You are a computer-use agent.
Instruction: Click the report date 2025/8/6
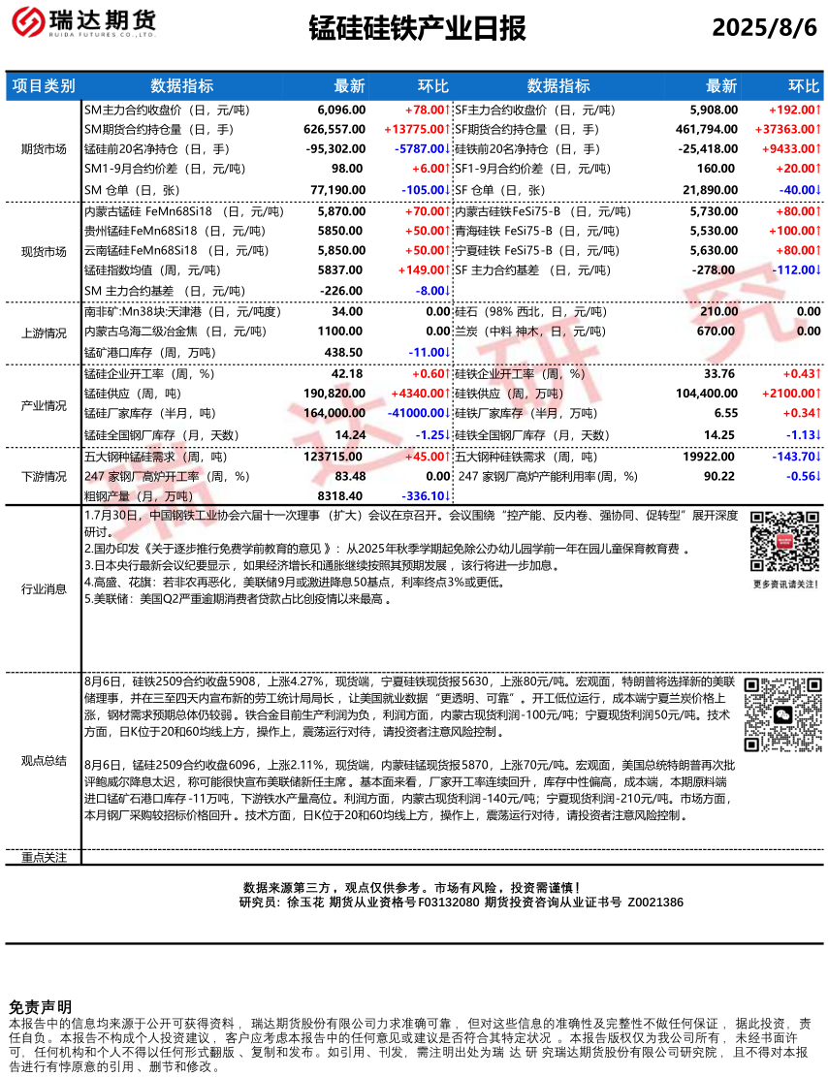point(765,28)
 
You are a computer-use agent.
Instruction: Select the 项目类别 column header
point(44,85)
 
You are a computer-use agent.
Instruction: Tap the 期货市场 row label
point(44,149)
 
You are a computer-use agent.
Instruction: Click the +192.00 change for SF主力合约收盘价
point(794,111)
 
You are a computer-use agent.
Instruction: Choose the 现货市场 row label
point(44,251)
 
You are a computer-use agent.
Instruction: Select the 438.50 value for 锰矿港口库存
point(347,352)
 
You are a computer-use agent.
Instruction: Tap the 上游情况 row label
point(44,333)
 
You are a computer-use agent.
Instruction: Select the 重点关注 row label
point(44,857)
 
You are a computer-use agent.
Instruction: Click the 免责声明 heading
point(40,1007)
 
